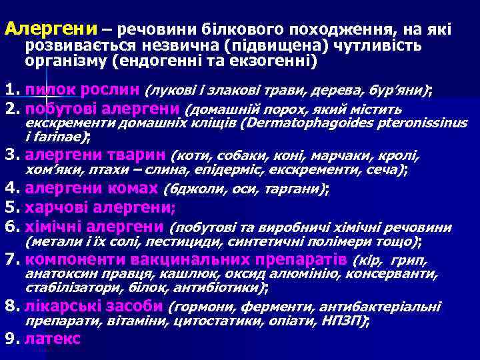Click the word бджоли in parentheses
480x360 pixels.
point(189,189)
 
